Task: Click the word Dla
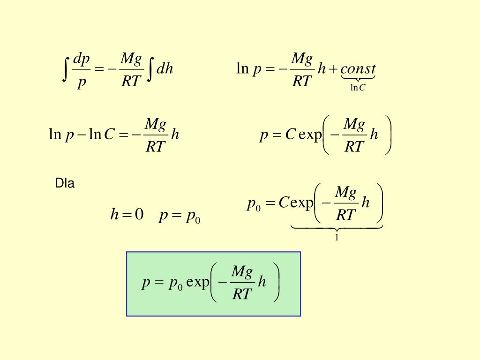click(x=65, y=183)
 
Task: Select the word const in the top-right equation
click(x=358, y=69)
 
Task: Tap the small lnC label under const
click(x=358, y=87)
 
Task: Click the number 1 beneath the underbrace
click(x=337, y=238)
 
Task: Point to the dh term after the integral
click(x=165, y=69)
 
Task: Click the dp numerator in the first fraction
click(x=82, y=59)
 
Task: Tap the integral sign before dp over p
click(x=67, y=69)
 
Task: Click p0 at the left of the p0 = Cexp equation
click(x=254, y=204)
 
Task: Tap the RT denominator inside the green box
click(x=242, y=294)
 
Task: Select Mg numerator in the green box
click(x=242, y=272)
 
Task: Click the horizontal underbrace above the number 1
click(x=337, y=228)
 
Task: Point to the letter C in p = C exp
click(x=290, y=135)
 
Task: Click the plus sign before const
click(x=334, y=70)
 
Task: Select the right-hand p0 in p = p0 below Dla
click(x=193, y=216)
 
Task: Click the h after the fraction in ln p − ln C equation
click(x=175, y=135)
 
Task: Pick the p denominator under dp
click(x=82, y=82)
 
